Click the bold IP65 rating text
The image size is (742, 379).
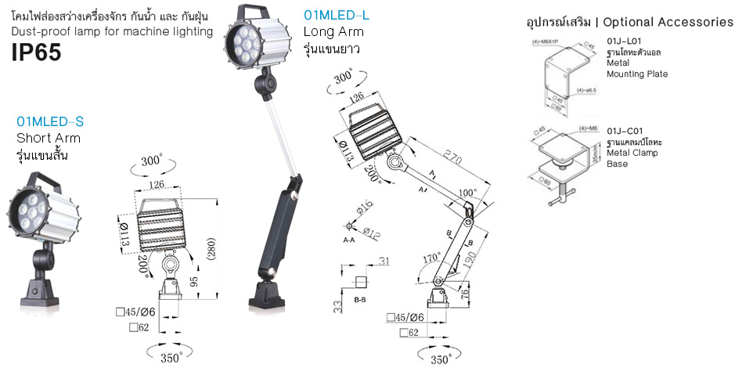[x=36, y=52]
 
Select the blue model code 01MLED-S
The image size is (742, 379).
[x=50, y=122]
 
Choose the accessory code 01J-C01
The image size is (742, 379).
[x=624, y=130]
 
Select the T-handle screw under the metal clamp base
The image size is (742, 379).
[x=561, y=199]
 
